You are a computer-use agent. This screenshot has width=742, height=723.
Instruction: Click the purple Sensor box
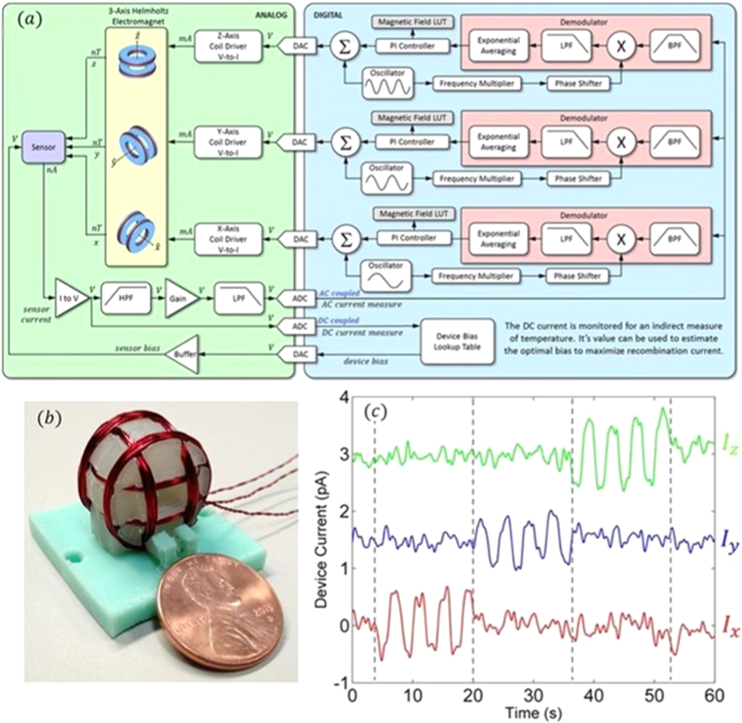(44, 148)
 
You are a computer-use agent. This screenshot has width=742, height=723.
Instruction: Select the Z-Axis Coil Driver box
(228, 46)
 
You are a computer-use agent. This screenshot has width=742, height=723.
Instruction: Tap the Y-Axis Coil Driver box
(228, 142)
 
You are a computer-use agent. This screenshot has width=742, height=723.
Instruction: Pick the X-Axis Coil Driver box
(228, 239)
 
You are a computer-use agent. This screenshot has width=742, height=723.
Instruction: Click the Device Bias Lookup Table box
(457, 341)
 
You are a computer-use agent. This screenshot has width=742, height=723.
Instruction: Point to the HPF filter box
(126, 298)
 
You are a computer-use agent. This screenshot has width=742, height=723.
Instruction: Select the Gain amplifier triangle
(179, 298)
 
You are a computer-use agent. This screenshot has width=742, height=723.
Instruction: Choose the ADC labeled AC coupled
(299, 298)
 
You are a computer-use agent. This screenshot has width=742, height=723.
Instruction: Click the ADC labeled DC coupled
(299, 326)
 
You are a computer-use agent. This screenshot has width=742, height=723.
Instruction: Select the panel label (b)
(49, 418)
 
